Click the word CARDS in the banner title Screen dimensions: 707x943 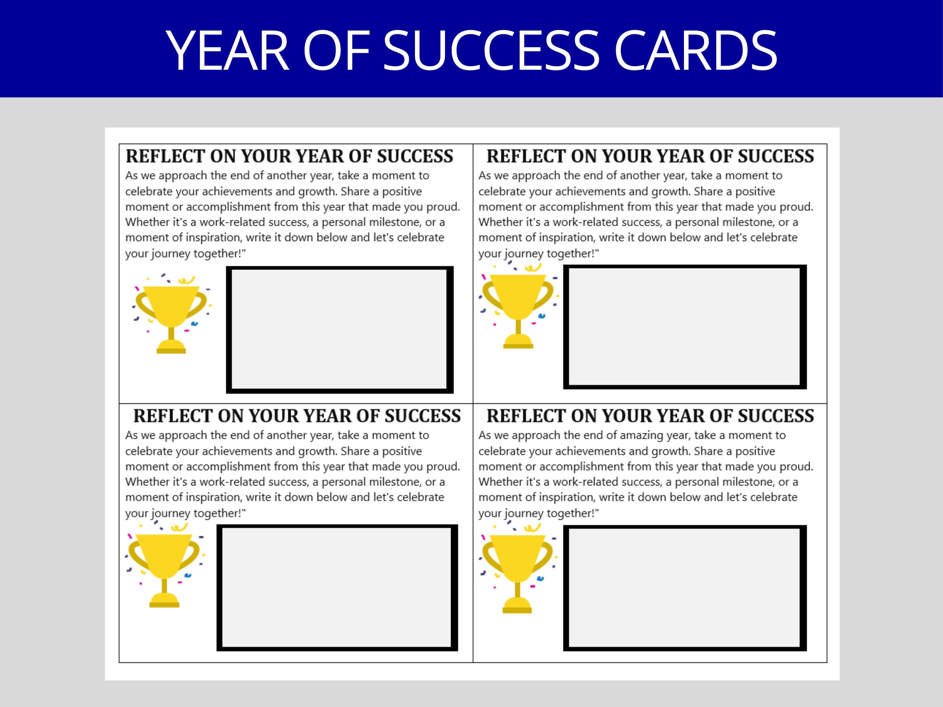pyautogui.click(x=696, y=51)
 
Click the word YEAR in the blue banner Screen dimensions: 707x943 pyautogui.click(x=227, y=51)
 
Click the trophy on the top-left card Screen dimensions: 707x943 pyautogui.click(x=171, y=313)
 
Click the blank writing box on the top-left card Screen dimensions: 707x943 pyautogui.click(x=339, y=330)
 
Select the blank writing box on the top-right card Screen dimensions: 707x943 pyautogui.click(x=685, y=327)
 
